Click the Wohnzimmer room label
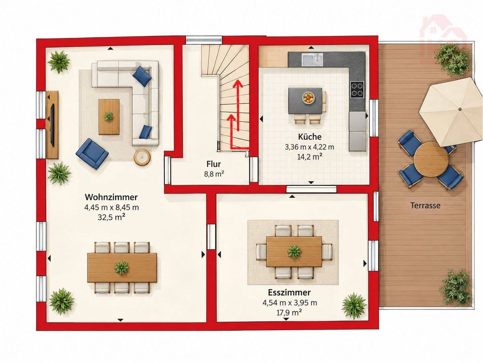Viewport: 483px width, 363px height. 111,197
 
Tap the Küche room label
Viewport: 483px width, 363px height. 310,137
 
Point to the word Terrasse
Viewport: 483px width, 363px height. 425,206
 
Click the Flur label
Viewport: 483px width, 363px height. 213,164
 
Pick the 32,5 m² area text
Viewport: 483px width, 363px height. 111,217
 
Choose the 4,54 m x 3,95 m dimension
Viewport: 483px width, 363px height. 289,303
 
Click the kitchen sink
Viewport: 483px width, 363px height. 313,60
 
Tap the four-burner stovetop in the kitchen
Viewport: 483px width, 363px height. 357,89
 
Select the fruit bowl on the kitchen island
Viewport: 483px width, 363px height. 308,97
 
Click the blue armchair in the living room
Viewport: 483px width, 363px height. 92,153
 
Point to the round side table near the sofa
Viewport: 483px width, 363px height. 142,157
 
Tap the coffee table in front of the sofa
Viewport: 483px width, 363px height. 109,117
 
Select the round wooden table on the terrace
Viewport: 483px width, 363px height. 431,159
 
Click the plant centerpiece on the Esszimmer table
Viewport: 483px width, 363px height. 294,252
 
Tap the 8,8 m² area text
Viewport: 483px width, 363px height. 214,174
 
